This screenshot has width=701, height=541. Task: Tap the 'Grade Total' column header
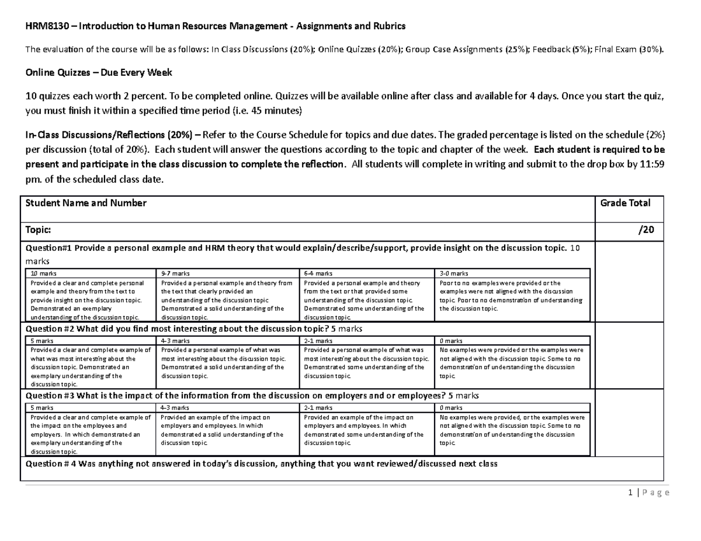pos(625,203)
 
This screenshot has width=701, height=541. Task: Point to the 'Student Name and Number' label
pos(85,203)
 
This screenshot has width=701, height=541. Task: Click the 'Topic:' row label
pos(39,231)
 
